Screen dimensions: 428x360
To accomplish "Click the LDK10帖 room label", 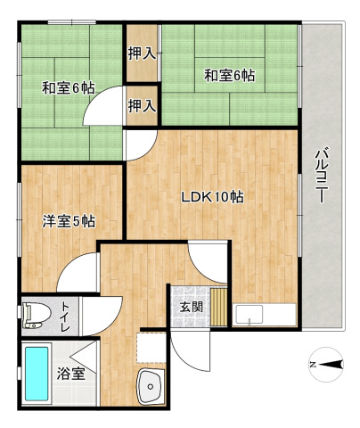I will pos(214,197).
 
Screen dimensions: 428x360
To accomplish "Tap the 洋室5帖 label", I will pos(68,220).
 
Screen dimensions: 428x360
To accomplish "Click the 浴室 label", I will pos(71,374).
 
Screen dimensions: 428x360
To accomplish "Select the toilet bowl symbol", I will pos(35,312).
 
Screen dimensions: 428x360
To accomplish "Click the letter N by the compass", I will pos(311,364).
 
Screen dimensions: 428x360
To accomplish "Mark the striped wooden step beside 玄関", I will pos(217,306).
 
